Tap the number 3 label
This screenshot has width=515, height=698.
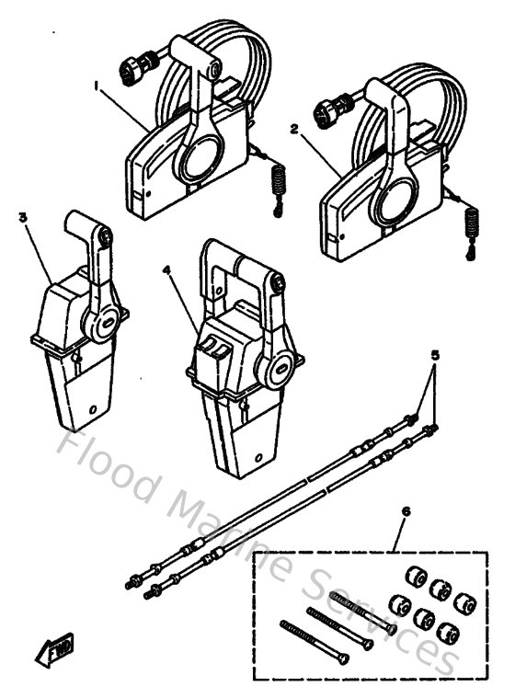click(x=23, y=218)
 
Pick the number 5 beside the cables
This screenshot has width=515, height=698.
click(x=435, y=353)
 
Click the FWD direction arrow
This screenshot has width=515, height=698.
click(x=55, y=649)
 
